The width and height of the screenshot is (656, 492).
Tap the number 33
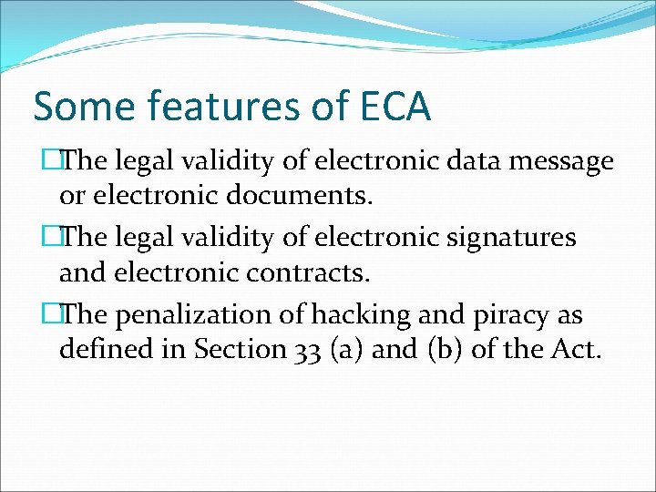tap(308, 350)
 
